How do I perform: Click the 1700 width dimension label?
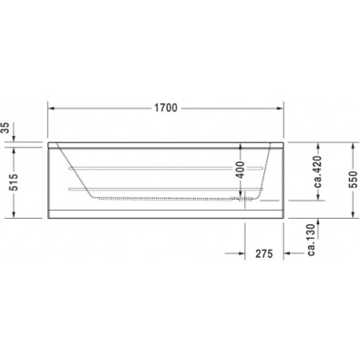165,108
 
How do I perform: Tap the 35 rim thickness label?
5,128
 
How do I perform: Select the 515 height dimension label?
14,182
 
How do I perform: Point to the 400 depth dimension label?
240,170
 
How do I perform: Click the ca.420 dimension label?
317,171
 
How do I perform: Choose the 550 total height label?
353,180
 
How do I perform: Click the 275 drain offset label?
263,253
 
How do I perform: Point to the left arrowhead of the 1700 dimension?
52,108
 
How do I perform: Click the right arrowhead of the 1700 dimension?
279,108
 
